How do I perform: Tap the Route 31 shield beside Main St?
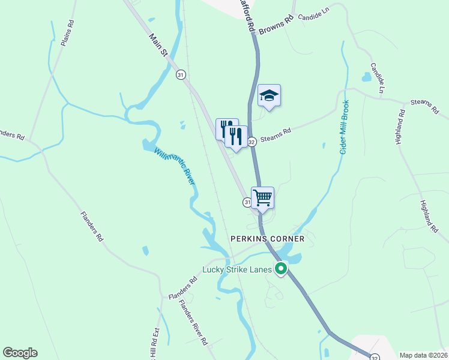coord(181,75)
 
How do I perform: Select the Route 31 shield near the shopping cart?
coord(247,203)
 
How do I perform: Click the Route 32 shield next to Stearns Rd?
coord(252,142)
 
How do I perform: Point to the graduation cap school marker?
coord(269,95)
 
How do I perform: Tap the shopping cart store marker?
coord(262,197)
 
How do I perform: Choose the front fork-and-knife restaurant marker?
coord(236,136)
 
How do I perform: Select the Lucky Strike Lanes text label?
coord(238,269)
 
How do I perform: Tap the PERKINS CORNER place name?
coord(268,239)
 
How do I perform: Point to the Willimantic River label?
coord(175,166)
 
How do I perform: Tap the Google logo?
coord(20,353)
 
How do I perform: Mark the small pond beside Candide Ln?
coord(366,77)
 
